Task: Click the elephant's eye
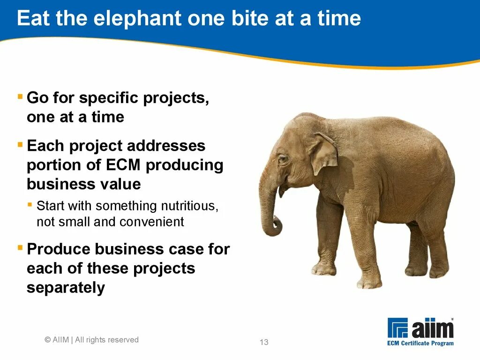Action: [x=283, y=159]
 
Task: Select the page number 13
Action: [x=264, y=342]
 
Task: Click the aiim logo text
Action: [x=432, y=329]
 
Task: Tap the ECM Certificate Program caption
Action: [x=420, y=343]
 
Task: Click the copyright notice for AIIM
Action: [x=92, y=340]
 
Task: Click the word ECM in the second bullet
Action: [x=126, y=165]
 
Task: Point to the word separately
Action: [x=66, y=288]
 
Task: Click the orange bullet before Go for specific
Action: [x=20, y=97]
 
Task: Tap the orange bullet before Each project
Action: [x=20, y=144]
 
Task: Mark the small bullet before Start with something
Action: [x=30, y=205]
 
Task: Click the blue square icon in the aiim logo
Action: [x=397, y=328]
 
